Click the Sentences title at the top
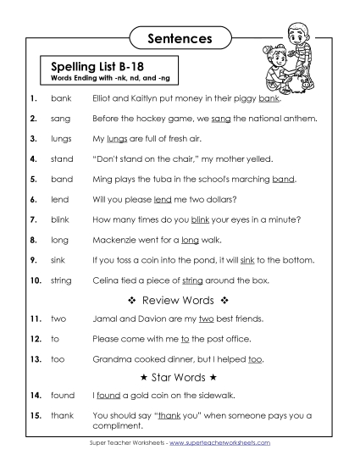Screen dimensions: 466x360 [x=180, y=38]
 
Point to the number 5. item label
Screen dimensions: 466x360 [x=33, y=179]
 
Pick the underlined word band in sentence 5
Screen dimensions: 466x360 [x=284, y=179]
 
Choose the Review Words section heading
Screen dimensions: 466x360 [x=180, y=300]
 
